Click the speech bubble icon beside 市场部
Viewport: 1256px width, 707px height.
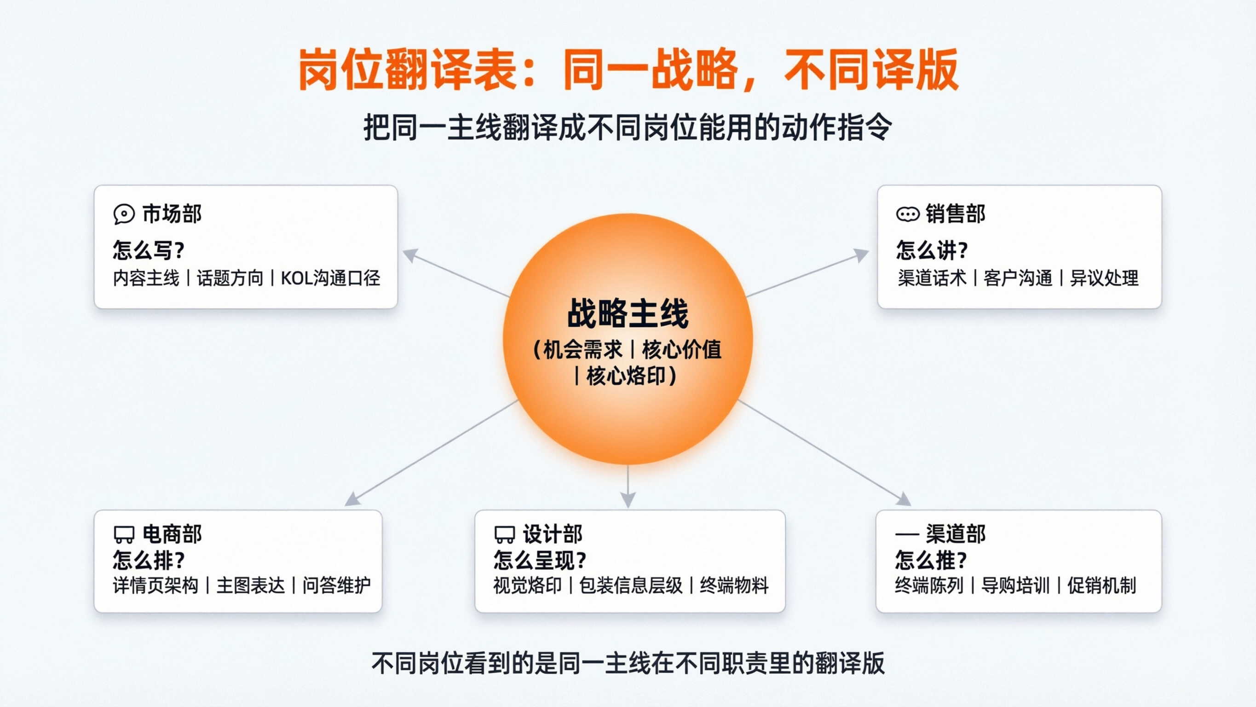coord(124,214)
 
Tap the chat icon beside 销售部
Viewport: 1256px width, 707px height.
coord(907,214)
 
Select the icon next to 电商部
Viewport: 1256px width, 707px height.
coord(124,534)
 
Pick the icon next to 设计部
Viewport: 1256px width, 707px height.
coord(505,534)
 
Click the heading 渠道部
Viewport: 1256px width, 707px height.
coord(956,534)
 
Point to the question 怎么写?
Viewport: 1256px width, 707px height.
coord(149,250)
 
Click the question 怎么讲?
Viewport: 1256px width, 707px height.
coord(932,250)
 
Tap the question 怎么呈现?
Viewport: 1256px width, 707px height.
coord(540,560)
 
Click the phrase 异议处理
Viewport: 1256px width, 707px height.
coord(1104,278)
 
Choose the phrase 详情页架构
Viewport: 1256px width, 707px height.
coord(156,585)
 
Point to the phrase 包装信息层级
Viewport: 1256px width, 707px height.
coord(631,585)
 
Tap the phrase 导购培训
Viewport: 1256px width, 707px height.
coord(1015,585)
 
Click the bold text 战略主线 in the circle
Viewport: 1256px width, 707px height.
coord(628,314)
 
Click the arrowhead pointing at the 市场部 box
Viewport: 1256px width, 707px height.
coord(410,255)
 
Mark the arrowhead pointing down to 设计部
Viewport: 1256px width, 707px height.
coord(628,500)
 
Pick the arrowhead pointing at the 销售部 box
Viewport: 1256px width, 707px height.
coord(862,255)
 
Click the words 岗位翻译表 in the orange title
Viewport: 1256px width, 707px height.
coord(408,70)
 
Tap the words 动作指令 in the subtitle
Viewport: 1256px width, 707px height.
coord(837,128)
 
